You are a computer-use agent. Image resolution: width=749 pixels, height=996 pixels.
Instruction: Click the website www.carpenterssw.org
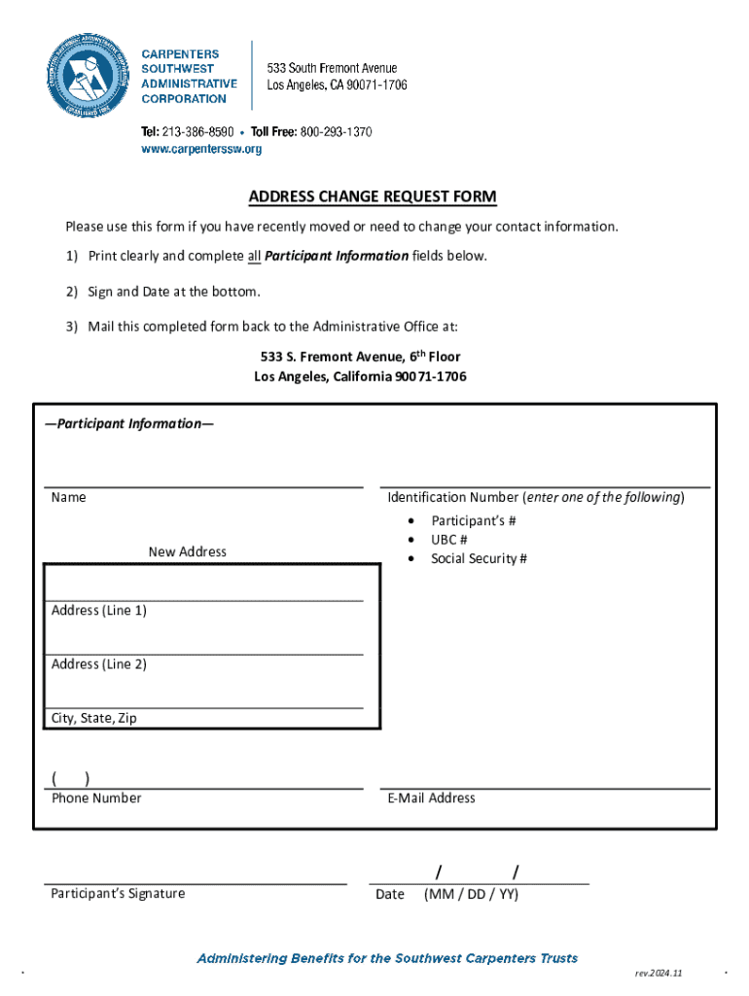tap(202, 149)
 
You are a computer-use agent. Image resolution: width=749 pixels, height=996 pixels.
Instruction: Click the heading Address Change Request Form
tap(373, 197)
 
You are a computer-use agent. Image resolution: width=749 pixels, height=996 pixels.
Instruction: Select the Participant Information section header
tap(129, 424)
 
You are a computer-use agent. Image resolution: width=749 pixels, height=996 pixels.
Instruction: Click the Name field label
tap(68, 497)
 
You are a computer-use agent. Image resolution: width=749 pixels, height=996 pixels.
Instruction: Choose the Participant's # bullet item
tap(473, 520)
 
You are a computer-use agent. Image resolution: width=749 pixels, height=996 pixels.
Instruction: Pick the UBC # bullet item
tap(449, 539)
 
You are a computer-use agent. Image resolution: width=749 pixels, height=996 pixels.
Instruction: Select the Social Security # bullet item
tap(479, 558)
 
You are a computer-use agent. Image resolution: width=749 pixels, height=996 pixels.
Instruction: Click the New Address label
tap(187, 551)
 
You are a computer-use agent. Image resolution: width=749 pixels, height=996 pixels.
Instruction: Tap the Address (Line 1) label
tap(98, 610)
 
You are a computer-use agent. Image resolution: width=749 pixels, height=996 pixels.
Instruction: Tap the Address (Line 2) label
tap(98, 664)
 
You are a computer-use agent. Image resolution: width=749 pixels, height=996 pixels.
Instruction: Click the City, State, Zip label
tap(93, 719)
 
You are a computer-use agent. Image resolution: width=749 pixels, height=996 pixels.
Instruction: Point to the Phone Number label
tap(96, 798)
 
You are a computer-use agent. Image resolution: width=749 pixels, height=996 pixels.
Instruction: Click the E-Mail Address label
tap(431, 798)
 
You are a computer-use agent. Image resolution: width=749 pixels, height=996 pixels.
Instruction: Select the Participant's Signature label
tap(118, 893)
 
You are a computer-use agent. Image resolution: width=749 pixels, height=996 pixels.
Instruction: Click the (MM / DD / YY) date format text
tap(471, 894)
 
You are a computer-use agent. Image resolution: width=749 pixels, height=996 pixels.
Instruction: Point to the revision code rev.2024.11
tap(659, 973)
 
